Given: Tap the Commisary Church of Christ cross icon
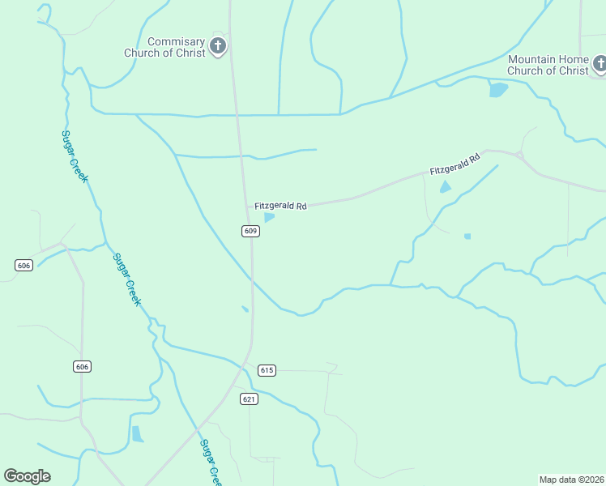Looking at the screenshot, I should (x=218, y=46).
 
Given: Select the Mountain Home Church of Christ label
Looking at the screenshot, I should (x=548, y=65).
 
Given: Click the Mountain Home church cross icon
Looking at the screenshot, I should (x=600, y=63).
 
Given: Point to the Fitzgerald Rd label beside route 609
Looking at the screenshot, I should (x=280, y=207).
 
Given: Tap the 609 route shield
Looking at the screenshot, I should (x=250, y=231).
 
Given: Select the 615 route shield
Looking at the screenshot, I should (x=267, y=370).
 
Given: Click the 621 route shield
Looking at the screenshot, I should (x=249, y=399).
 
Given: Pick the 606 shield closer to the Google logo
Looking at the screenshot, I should (x=82, y=367).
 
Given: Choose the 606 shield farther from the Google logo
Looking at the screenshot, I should (x=23, y=266).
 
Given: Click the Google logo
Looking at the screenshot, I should (x=27, y=476).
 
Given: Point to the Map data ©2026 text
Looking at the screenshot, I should (x=571, y=479).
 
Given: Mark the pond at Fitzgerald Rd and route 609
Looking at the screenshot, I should (x=269, y=217).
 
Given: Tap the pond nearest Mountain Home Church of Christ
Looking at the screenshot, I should (x=497, y=89).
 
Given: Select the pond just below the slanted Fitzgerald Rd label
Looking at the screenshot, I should (x=445, y=187).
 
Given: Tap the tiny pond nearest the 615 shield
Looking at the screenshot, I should (x=245, y=309).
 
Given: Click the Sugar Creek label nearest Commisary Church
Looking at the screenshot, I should (x=75, y=156).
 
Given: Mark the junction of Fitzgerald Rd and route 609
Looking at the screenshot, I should (x=247, y=207).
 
